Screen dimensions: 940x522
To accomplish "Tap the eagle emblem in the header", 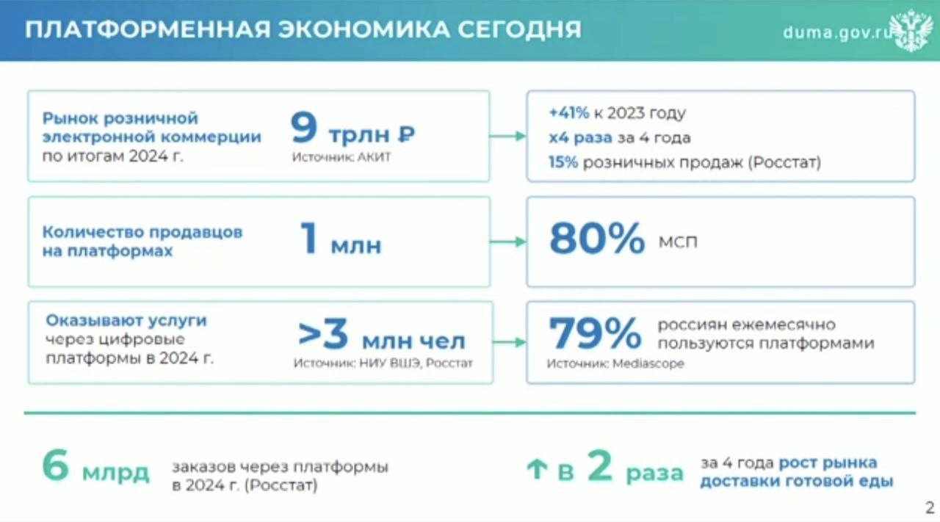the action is [x=912, y=30].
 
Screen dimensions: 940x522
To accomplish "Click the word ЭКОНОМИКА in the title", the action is [x=364, y=29].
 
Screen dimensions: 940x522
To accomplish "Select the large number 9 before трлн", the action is [x=304, y=127].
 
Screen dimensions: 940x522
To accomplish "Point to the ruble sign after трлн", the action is [x=406, y=134].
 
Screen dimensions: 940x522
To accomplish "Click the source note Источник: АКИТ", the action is [x=341, y=157].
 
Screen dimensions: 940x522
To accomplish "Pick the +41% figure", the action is [x=568, y=113].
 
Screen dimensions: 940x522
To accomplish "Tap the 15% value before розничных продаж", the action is [x=563, y=162].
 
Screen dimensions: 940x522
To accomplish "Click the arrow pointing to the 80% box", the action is [x=507, y=242].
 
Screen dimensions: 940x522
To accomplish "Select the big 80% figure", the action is [x=597, y=239].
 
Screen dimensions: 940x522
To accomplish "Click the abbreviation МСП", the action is [x=678, y=242].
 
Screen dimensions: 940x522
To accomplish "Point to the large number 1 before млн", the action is [x=308, y=238].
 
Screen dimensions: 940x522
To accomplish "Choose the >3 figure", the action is [x=323, y=334].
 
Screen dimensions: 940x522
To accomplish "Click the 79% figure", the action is [x=595, y=333].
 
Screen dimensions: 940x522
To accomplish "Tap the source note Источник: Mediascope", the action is [x=615, y=363].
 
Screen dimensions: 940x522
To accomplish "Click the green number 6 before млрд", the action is [x=55, y=465].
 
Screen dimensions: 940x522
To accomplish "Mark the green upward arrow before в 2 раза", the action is [x=537, y=468].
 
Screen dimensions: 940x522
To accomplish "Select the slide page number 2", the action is [x=930, y=508].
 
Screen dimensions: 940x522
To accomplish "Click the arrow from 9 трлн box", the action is [x=507, y=136].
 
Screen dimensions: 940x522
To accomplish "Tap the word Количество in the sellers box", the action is [x=93, y=232].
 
